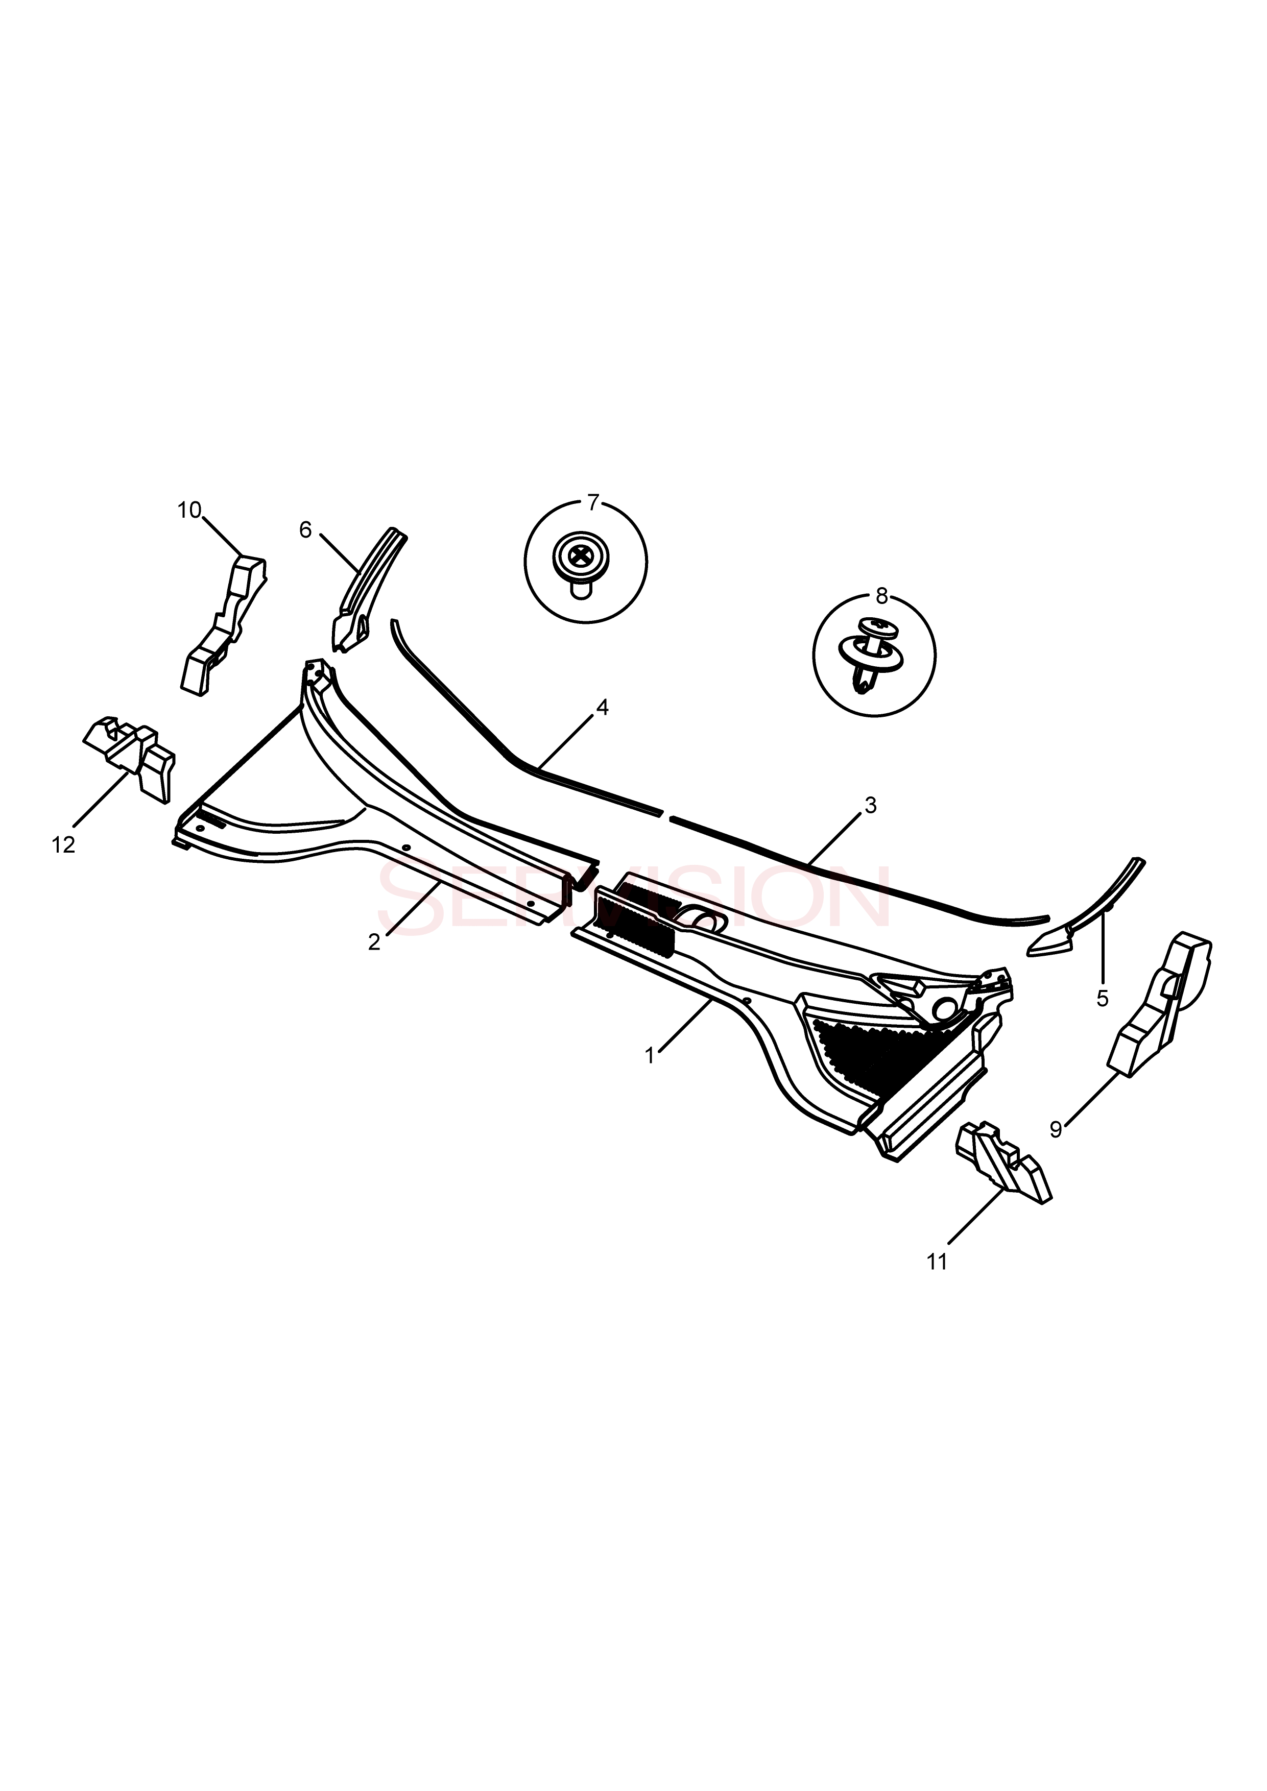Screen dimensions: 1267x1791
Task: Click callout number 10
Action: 189,510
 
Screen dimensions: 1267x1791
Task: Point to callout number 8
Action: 881,597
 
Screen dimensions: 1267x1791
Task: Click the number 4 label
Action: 602,708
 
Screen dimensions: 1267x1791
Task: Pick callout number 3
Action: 871,805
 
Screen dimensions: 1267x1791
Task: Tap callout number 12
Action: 64,845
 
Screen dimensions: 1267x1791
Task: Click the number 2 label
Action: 374,942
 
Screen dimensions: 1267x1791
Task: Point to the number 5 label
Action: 1103,999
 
